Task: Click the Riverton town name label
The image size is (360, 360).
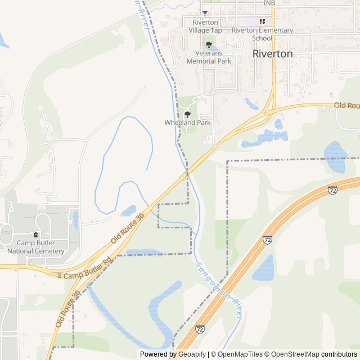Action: [273, 54]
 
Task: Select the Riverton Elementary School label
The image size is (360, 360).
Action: [262, 34]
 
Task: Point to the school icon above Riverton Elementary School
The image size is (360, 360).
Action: [262, 21]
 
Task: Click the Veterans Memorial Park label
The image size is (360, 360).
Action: [209, 57]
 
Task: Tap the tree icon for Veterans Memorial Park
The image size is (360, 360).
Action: [209, 44]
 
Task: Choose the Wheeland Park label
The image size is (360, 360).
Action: [187, 122]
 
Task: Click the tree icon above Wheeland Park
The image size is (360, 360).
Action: [187, 114]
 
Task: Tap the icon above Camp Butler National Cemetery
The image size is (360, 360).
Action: [35, 235]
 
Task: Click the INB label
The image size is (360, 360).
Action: [270, 3]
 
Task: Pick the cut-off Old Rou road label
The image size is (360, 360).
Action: [346, 106]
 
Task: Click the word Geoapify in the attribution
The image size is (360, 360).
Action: [192, 354]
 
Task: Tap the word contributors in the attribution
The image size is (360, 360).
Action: [339, 354]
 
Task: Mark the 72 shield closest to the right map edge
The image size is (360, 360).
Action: [332, 191]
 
